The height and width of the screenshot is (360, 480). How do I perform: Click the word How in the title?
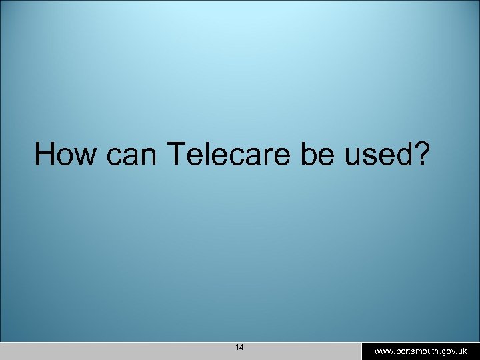64,155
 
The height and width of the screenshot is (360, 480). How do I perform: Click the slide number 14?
239,347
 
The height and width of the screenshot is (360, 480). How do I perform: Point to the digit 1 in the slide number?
237,347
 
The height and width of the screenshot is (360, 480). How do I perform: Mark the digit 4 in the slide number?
242,347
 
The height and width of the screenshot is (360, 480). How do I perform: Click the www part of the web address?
383,351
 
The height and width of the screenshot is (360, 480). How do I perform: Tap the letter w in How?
84,156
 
